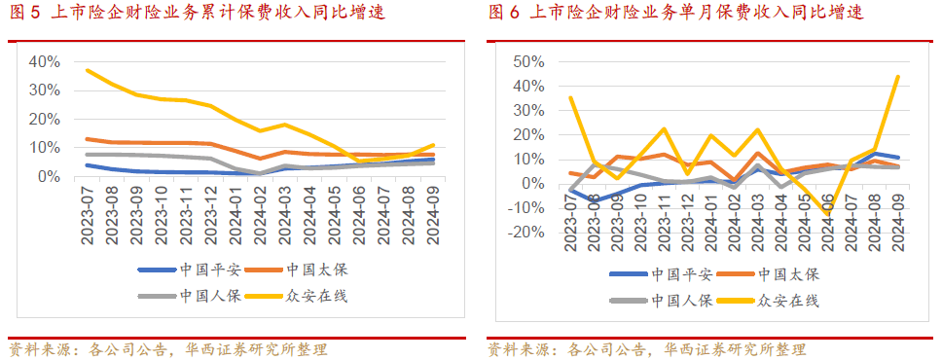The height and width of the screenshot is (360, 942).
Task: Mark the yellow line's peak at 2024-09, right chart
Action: click(x=897, y=76)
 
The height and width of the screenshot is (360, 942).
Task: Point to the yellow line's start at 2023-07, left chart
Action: click(x=88, y=70)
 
